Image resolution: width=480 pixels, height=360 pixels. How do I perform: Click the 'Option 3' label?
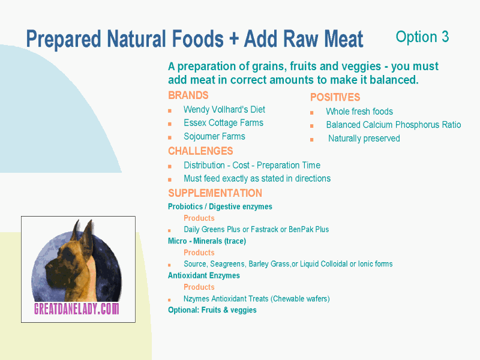422,37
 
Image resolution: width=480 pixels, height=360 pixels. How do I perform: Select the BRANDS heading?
188,95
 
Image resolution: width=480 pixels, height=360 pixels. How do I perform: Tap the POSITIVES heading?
335,97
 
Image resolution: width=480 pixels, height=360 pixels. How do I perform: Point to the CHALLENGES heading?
200,151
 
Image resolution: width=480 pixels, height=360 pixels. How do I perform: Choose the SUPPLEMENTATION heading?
215,193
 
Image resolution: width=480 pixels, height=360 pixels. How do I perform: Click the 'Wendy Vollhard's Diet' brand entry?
224,109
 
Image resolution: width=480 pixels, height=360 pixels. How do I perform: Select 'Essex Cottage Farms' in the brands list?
223,123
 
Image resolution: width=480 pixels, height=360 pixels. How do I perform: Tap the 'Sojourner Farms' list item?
214,136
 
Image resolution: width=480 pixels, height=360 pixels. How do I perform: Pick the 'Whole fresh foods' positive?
359,112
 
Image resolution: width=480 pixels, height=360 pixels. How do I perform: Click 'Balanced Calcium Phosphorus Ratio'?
394,125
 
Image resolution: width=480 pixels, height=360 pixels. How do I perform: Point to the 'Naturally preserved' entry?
364,139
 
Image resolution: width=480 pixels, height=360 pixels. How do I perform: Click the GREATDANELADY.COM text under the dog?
77,308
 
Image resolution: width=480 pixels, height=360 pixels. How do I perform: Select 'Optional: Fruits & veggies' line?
212,310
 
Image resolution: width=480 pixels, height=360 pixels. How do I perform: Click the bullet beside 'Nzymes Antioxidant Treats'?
169,299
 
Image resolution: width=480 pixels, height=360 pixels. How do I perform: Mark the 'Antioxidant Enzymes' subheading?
204,275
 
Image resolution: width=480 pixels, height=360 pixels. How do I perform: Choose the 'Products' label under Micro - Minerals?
199,253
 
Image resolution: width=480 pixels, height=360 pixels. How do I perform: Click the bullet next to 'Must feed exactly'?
170,179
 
